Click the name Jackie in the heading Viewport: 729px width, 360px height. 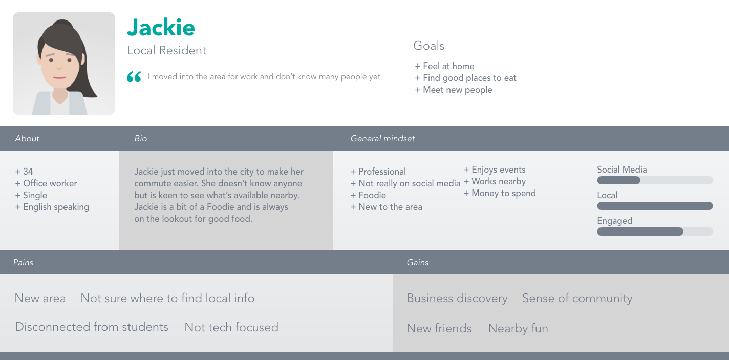point(161,27)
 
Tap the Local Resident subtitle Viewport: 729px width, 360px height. point(166,51)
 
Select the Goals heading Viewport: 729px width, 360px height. point(428,46)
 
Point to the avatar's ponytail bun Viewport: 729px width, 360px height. point(62,26)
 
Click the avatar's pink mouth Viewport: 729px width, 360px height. point(59,77)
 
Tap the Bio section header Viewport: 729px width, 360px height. point(141,139)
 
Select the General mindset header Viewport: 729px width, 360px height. point(382,139)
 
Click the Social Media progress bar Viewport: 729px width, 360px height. point(655,180)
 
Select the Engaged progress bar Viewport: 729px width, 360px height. point(655,231)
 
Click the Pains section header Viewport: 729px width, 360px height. point(23,262)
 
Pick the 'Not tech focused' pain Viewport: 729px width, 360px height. point(231,327)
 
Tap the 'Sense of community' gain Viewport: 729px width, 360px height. point(577,299)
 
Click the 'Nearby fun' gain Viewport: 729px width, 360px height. point(518,328)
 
